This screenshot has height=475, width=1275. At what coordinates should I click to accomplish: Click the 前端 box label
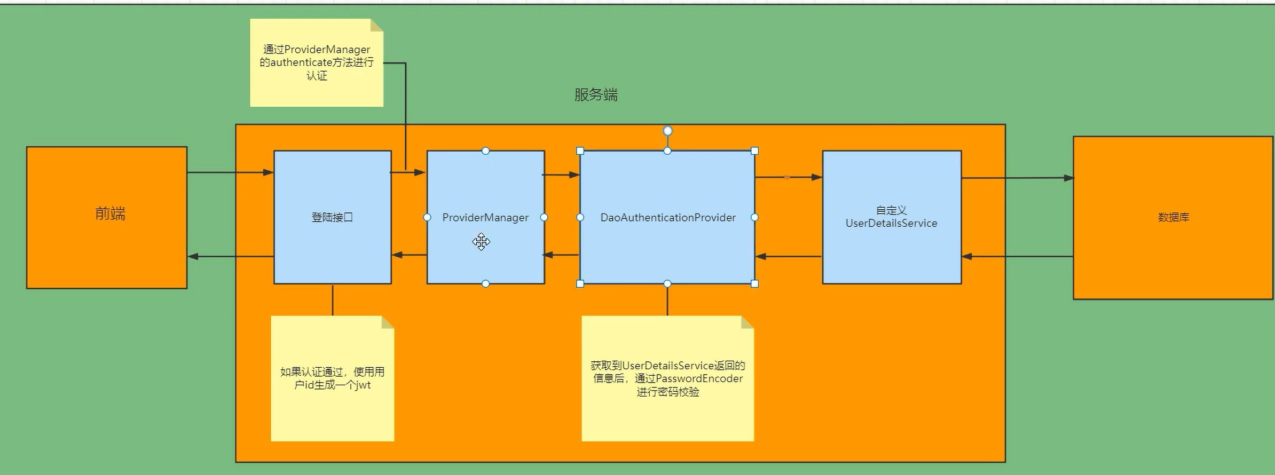click(110, 214)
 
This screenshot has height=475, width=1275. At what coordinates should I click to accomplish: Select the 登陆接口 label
click(332, 217)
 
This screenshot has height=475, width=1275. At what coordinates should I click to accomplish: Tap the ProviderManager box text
click(485, 217)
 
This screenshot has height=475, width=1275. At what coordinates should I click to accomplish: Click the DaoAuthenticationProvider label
click(668, 217)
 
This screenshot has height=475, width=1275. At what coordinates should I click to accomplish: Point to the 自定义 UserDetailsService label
click(891, 217)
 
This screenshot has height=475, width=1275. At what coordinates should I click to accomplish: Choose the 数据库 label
click(1173, 217)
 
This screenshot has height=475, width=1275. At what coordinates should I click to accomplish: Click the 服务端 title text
click(596, 95)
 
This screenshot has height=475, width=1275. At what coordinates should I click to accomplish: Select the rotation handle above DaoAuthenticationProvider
click(667, 131)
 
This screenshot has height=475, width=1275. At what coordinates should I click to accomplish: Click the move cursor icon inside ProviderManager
click(481, 242)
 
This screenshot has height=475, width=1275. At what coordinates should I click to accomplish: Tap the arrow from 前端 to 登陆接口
click(230, 172)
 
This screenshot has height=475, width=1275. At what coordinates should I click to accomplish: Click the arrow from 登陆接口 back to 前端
click(230, 257)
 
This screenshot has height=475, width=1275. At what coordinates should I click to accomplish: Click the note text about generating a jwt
click(332, 378)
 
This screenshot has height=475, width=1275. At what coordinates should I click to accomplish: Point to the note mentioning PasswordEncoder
click(667, 378)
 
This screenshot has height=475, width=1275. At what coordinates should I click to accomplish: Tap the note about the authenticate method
click(317, 62)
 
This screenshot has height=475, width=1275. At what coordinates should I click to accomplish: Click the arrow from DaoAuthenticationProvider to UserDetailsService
click(788, 177)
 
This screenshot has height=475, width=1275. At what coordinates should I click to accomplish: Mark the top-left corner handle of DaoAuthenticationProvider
click(580, 151)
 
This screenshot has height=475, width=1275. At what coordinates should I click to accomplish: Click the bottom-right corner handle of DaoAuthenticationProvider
click(754, 283)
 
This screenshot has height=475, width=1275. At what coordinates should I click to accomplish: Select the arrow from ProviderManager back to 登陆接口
click(409, 255)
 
